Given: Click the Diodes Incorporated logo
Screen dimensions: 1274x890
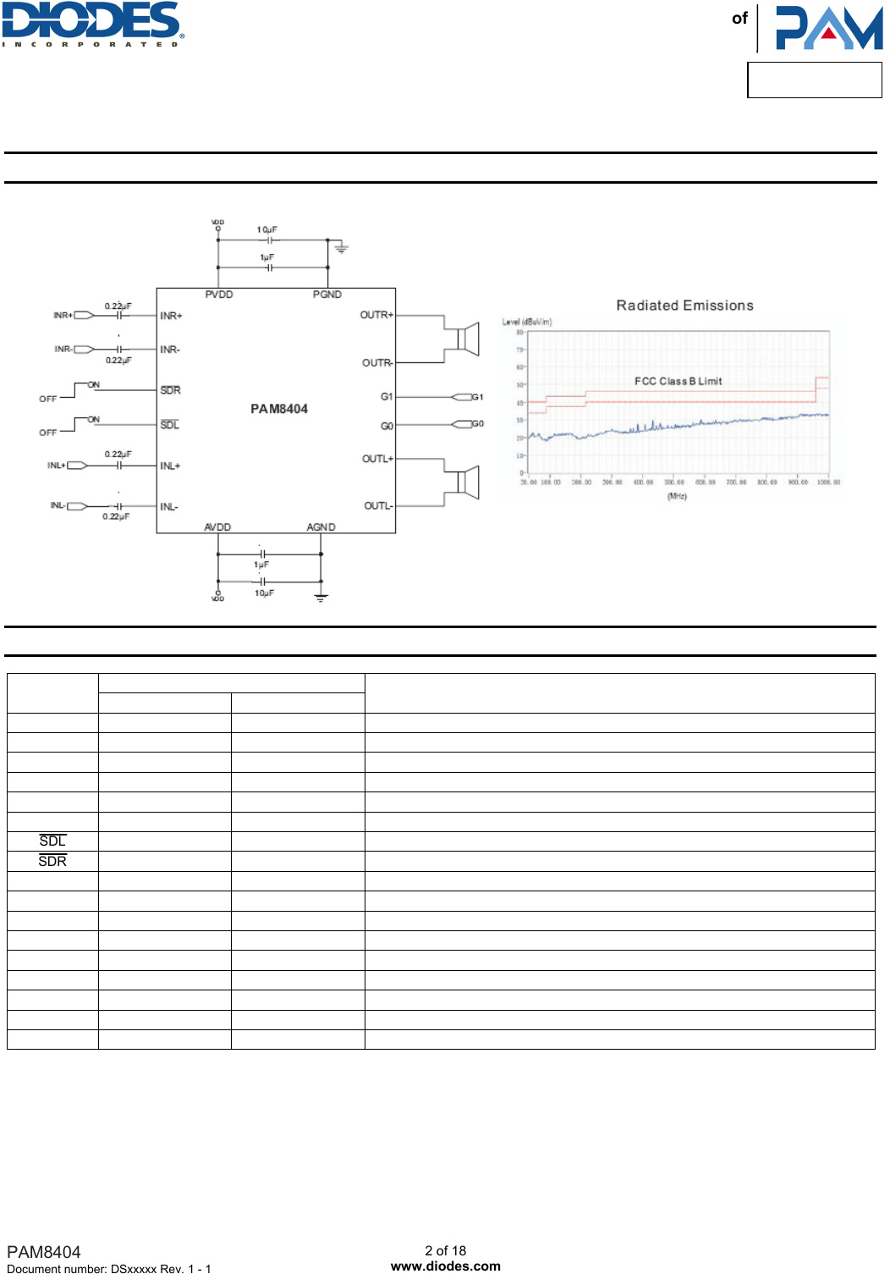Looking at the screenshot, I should tap(92, 24).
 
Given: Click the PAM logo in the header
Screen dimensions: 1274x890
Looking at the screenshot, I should tap(828, 28).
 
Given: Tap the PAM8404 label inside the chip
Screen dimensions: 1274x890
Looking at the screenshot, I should tap(279, 409).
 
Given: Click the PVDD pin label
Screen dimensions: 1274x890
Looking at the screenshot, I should tap(219, 295).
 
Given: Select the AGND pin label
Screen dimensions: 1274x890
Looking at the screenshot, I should tap(321, 527).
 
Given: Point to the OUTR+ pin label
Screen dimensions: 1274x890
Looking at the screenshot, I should tap(376, 315).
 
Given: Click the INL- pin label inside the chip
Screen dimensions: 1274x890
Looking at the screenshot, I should tap(169, 507).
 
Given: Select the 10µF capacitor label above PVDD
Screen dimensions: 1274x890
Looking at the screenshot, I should tap(267, 229).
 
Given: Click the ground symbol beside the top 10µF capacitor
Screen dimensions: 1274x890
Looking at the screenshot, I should tap(341, 248).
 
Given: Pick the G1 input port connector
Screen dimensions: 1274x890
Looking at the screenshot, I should tap(462, 397).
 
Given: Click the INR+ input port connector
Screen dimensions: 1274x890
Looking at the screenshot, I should tap(84, 315).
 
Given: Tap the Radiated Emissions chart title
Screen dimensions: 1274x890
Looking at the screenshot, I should tap(684, 306).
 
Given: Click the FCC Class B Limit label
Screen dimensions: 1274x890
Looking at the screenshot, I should tap(678, 381).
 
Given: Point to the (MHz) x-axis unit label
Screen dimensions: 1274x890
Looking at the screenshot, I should tap(677, 496).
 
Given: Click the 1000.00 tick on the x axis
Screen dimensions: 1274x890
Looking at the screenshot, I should tap(828, 483).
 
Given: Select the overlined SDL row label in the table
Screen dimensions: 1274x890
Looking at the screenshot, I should tap(52, 841).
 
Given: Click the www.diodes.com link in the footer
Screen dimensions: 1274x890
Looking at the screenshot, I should tap(446, 1266).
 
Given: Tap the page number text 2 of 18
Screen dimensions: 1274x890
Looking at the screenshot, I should tap(446, 1250).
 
